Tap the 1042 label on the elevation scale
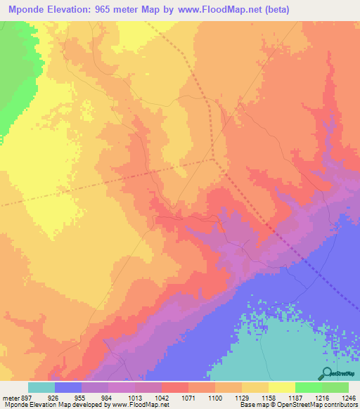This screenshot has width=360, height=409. click(x=162, y=397)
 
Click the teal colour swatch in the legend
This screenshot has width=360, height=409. click(x=41, y=387)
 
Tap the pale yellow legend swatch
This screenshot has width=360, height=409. click(x=282, y=387)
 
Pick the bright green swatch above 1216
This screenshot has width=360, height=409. click(x=308, y=387)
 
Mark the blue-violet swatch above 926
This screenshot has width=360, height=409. click(x=68, y=387)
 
